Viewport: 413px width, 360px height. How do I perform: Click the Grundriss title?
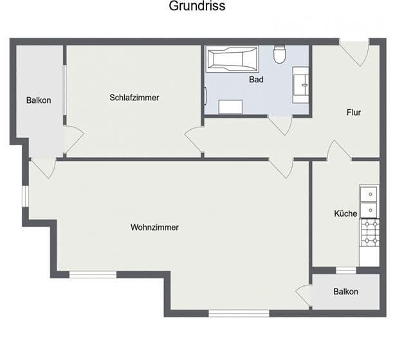tap(197, 6)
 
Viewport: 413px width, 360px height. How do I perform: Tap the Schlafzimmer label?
tap(134, 98)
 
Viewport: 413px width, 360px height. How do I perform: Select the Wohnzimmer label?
tap(154, 228)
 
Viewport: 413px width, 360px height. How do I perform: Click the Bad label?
tap(257, 80)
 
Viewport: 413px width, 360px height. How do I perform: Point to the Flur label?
tap(353, 113)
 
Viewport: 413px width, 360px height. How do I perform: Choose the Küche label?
tap(345, 213)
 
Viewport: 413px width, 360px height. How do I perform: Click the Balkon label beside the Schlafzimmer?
tap(39, 100)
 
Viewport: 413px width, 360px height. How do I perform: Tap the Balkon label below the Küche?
tap(345, 292)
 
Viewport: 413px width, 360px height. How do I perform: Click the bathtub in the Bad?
tap(232, 59)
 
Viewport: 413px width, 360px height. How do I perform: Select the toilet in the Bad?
tap(280, 55)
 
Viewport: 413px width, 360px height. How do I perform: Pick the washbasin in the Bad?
tap(300, 85)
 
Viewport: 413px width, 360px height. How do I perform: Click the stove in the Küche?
tap(369, 233)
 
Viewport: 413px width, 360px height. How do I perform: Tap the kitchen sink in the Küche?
tap(369, 201)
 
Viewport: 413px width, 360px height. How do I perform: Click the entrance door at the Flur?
tap(354, 52)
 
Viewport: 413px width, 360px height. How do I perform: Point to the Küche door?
tap(338, 150)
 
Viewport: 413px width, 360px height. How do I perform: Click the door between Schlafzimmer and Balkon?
tap(73, 138)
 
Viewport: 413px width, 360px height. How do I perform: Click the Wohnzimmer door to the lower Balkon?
tap(304, 294)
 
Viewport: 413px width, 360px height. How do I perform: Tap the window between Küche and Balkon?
tap(346, 271)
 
